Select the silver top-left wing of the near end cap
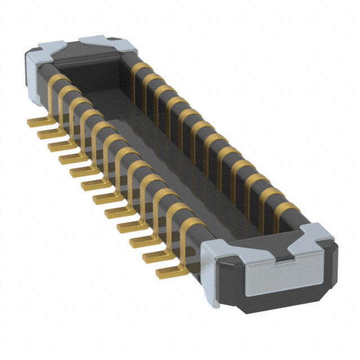(x=217, y=243)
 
